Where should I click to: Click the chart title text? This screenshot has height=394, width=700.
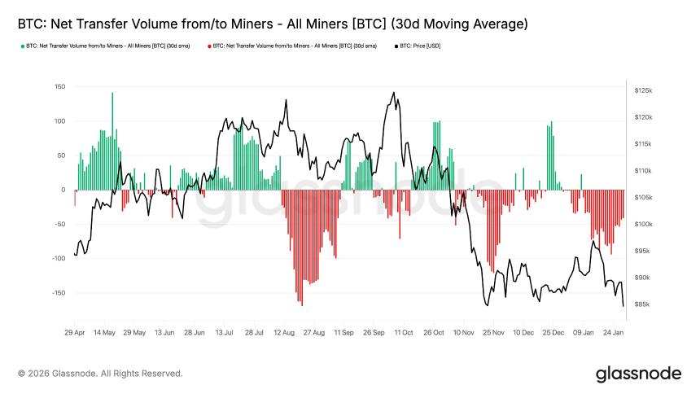click(273, 24)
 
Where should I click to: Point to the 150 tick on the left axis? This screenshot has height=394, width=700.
click(59, 87)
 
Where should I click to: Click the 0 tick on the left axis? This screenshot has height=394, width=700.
click(63, 190)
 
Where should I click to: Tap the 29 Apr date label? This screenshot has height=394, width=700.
click(74, 333)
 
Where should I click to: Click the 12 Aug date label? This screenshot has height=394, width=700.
click(283, 333)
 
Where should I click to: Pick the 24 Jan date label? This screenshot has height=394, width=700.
click(613, 333)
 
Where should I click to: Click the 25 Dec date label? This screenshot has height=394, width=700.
click(553, 333)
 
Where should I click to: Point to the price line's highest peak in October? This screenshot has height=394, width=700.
click(394, 93)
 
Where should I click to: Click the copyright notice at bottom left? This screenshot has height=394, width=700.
click(100, 374)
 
